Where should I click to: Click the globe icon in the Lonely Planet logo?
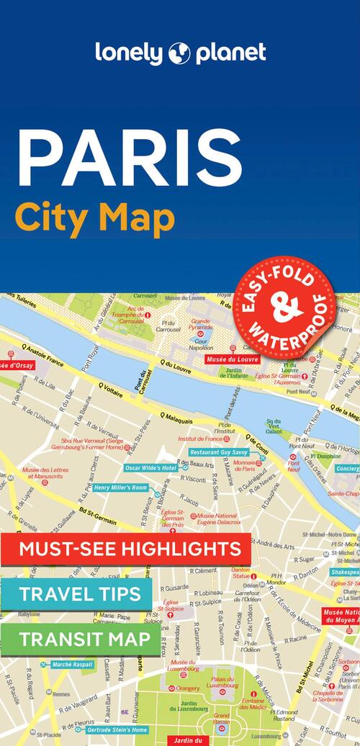click(179, 53)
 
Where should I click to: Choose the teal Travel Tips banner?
click(79, 595)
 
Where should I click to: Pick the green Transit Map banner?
click(84, 639)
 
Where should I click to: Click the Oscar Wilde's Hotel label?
click(150, 467)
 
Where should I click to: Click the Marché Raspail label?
click(72, 664)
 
